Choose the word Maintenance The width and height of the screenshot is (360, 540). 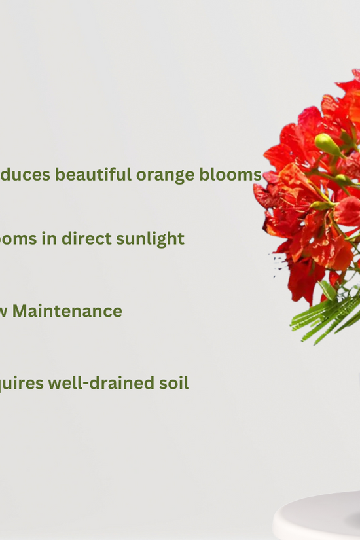tap(67, 311)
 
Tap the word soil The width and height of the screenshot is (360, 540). tap(174, 383)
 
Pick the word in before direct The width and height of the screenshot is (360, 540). tap(49, 238)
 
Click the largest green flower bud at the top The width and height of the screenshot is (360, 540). tap(327, 144)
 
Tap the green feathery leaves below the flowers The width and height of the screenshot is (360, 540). tap(327, 314)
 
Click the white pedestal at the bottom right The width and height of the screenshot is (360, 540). tap(317, 517)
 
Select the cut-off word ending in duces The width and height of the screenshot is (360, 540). tap(24, 175)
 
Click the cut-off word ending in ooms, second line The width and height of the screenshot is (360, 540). tap(18, 239)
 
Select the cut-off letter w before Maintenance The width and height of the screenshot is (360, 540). tap(3, 312)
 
